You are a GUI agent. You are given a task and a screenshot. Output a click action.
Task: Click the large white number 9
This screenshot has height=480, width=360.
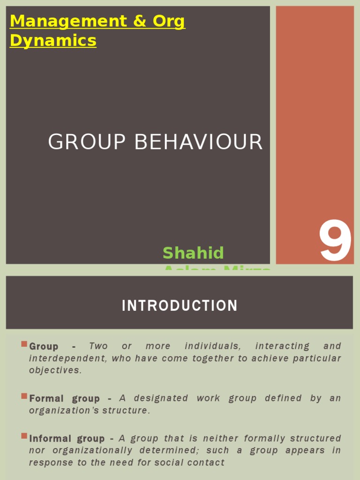pyautogui.click(x=336, y=242)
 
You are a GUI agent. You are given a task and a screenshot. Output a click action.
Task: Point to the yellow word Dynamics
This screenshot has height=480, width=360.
pyautogui.click(x=53, y=41)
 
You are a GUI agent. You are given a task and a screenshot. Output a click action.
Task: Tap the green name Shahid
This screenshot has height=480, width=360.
pyautogui.click(x=193, y=253)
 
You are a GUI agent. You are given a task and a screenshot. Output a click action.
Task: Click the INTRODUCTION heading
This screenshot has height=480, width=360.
pyautogui.click(x=180, y=306)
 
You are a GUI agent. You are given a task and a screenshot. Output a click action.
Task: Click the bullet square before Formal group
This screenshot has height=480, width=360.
pyautogui.click(x=24, y=396)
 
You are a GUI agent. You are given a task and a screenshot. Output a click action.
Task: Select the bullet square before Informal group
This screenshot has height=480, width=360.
pyautogui.click(x=24, y=436)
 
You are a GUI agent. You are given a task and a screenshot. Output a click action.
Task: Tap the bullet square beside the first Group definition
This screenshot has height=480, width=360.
pyautogui.click(x=24, y=344)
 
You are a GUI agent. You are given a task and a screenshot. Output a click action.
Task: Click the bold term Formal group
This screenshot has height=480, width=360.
pyautogui.click(x=64, y=398)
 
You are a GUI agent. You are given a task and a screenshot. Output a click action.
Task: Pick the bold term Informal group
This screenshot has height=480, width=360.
pyautogui.click(x=67, y=439)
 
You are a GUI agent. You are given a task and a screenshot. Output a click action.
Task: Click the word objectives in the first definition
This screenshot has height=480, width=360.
pyautogui.click(x=55, y=370)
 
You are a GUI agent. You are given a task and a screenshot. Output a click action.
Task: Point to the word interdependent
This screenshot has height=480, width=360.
pyautogui.click(x=67, y=359)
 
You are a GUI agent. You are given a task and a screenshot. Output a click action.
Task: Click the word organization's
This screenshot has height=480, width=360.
pyautogui.click(x=74, y=411)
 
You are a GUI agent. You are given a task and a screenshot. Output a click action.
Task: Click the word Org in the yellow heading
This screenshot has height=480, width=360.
pyautogui.click(x=167, y=22)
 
